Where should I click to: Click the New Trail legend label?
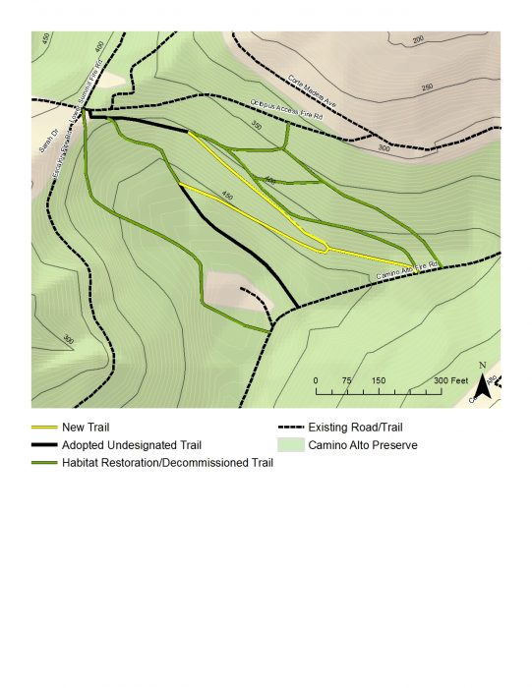(86, 428)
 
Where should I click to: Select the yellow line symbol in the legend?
(44, 428)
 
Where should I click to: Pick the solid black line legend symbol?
(44, 445)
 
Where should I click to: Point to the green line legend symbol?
(44, 463)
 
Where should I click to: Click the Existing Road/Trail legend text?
(355, 428)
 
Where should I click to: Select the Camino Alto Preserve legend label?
(363, 445)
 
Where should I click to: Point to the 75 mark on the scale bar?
(346, 380)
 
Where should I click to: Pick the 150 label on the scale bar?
(378, 380)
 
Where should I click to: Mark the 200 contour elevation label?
(417, 40)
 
